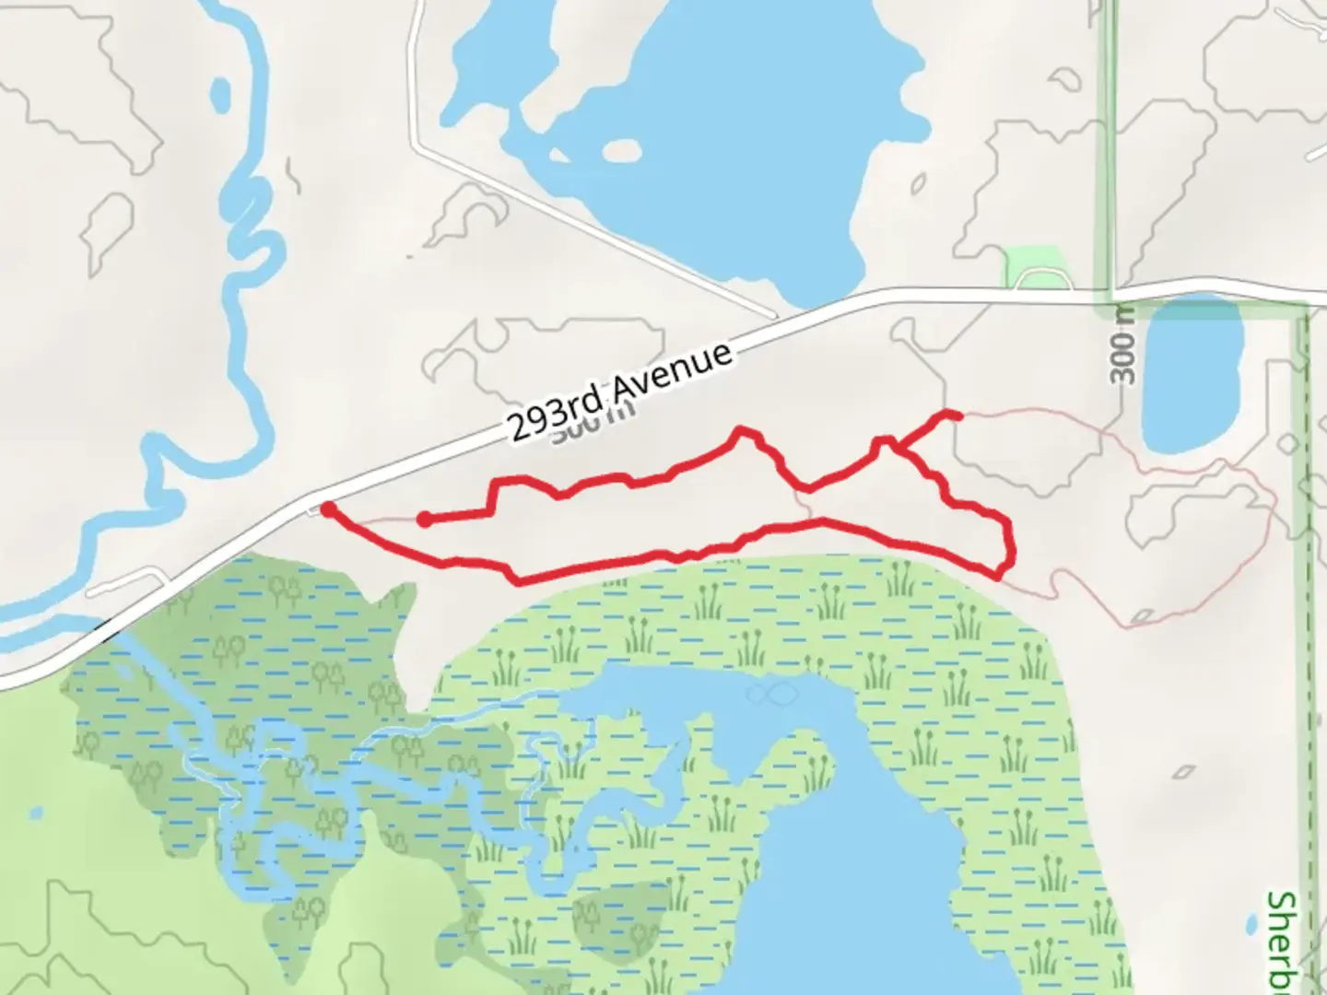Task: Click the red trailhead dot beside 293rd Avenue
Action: (328, 508)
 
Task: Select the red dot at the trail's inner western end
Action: (424, 520)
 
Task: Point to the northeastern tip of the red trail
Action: (958, 416)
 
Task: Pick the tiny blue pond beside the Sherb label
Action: (1251, 924)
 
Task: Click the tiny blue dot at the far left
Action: (35, 814)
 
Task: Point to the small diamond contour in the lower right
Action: (1186, 772)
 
